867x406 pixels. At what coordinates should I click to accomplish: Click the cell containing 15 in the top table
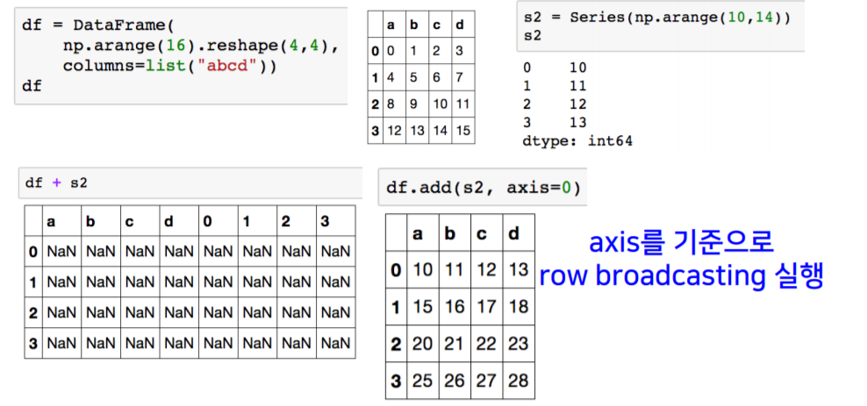[x=463, y=131]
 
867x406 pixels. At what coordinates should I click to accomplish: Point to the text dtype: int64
[x=577, y=140]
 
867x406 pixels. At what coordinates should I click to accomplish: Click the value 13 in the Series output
[x=577, y=122]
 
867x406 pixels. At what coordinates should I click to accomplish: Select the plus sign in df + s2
[x=57, y=182]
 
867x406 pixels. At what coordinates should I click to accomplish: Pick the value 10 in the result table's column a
[x=423, y=269]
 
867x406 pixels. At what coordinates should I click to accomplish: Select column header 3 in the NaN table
[x=324, y=221]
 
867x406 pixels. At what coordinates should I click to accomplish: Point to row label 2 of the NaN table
[x=33, y=312]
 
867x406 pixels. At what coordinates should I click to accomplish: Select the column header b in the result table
[x=454, y=233]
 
